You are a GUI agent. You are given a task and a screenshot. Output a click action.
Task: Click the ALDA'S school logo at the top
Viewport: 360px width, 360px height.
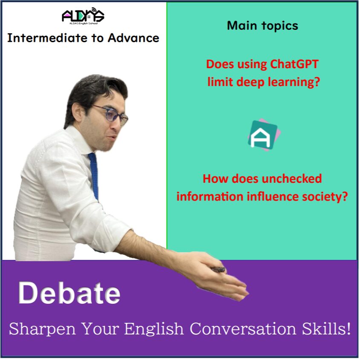click(83, 16)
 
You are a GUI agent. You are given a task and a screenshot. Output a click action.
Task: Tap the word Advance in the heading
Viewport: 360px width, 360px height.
click(133, 38)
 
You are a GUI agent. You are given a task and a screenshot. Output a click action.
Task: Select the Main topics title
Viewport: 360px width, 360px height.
click(262, 26)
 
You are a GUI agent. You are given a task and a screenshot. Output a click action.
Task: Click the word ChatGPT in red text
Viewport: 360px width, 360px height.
click(294, 64)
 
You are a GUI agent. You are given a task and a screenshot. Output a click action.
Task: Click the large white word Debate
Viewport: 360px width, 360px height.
click(69, 293)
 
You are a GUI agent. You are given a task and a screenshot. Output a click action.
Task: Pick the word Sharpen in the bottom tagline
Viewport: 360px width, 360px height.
click(43, 329)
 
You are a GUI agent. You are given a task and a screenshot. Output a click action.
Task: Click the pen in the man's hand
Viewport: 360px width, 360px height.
click(218, 270)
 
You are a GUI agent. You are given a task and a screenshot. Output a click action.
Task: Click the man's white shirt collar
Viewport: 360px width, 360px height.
click(79, 140)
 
